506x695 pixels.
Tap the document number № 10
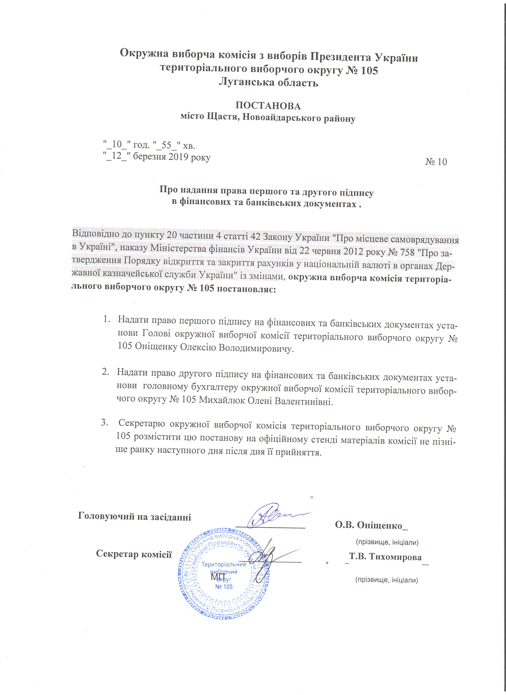coord(436,162)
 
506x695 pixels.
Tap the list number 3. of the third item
coord(105,423)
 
